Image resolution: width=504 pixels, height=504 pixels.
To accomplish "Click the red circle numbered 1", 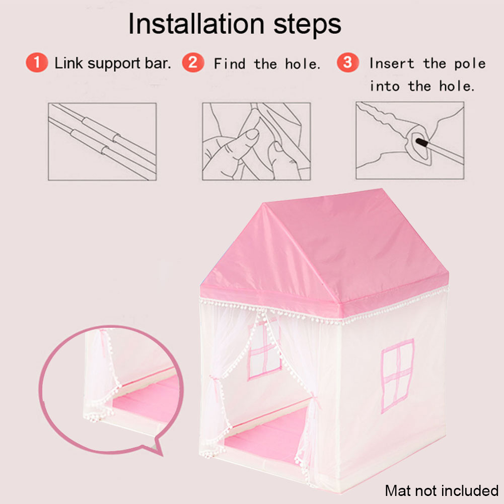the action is tap(37, 62).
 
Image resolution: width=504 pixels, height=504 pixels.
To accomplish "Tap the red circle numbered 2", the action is tap(193, 62).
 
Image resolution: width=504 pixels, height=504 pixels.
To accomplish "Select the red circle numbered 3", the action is tap(348, 62).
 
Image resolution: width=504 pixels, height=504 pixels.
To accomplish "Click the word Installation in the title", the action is tap(196, 24).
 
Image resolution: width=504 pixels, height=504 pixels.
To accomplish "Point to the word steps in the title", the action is tap(307, 26).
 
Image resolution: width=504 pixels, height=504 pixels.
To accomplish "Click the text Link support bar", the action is tap(112, 63).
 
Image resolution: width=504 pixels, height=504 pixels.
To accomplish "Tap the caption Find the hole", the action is tap(267, 63).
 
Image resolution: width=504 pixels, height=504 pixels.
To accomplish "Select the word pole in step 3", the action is tap(470, 64).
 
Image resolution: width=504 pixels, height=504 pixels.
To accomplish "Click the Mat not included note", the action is tap(442, 490).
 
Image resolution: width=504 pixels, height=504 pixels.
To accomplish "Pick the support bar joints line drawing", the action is tap(102, 141).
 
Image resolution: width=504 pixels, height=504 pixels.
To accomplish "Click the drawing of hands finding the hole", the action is tap(256, 141).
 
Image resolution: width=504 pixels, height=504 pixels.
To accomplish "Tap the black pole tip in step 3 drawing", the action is tap(422, 142).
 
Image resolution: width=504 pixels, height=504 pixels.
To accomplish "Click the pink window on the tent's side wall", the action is tap(397, 376).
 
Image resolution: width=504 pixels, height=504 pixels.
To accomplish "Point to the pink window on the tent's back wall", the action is tap(264, 349).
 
